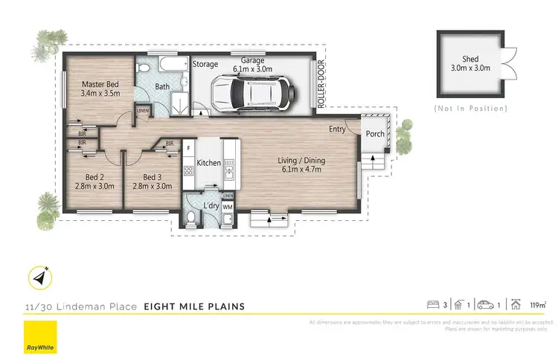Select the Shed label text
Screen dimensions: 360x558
click(469, 59)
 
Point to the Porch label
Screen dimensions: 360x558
click(374, 134)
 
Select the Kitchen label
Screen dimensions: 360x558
click(209, 162)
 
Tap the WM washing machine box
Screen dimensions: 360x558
click(228, 206)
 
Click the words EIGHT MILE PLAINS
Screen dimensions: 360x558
click(194, 306)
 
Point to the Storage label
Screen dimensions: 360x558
click(205, 65)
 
